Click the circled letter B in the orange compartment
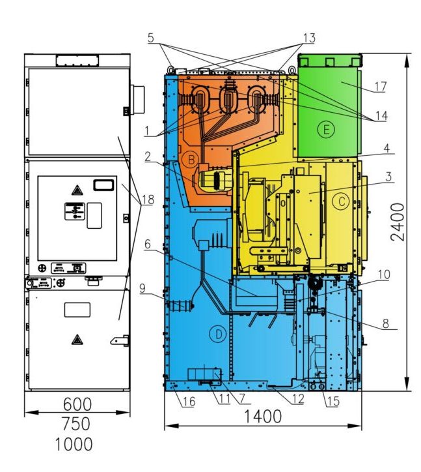coord(191,159)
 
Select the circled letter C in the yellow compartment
coord(342,201)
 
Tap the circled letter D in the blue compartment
coord(218,334)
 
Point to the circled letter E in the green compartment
coord(326,130)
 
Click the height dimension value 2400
coord(398,222)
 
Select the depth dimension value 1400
coord(262,417)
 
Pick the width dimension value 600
coord(77,404)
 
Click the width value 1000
coord(74,444)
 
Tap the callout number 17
coord(381,87)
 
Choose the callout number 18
coord(148,199)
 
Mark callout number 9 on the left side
coord(143,288)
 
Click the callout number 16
coord(189,401)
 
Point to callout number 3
coord(388,177)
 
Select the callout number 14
coord(381,115)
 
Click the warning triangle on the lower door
coord(77,340)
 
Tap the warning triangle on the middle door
coord(77,190)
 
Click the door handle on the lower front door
coord(120,341)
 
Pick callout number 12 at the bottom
coord(298,398)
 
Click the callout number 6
coord(147,244)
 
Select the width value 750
coord(76,424)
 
